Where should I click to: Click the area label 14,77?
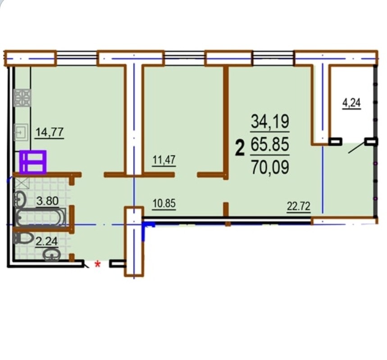tap(50, 132)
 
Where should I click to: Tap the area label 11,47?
tap(164, 160)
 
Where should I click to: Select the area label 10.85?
tap(164, 204)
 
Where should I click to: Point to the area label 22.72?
tap(298, 206)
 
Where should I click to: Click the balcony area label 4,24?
tap(351, 103)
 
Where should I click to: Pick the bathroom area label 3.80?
tap(47, 201)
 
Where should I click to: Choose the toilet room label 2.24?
tap(47, 241)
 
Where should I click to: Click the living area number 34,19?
tap(270, 121)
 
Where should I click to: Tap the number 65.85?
tap(270, 144)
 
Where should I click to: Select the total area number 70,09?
tap(270, 167)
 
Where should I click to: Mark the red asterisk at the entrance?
tap(98, 265)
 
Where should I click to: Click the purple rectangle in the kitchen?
tap(33, 162)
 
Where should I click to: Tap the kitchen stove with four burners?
tap(22, 98)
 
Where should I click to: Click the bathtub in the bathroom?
tap(41, 217)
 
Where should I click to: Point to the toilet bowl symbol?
tap(23, 238)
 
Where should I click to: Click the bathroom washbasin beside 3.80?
tap(20, 198)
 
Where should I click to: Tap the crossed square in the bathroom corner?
tap(22, 183)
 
